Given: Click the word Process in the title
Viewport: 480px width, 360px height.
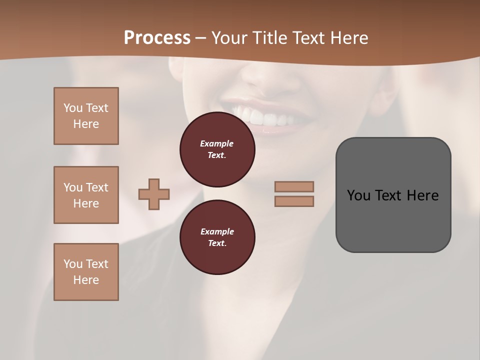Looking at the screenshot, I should point(157,38).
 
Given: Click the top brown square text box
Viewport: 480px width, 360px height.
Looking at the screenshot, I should point(86,116).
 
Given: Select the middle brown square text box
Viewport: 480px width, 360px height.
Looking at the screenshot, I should point(86,195).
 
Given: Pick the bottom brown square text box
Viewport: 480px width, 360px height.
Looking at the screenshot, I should point(86,272).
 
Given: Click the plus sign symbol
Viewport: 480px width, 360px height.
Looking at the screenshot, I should point(154,194).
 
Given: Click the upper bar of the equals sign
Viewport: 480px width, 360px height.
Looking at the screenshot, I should point(294,186).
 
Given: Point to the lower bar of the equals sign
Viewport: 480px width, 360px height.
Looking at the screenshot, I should point(294,201).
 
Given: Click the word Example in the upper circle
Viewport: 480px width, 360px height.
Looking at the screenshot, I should point(216,143).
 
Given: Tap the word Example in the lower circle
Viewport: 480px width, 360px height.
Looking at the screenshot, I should point(217,231).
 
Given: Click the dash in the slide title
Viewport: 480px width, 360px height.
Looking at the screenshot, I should point(201,38).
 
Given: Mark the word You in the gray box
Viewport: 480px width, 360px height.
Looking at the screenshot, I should point(359,195).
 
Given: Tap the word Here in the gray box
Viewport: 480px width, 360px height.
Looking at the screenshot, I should point(422,195).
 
